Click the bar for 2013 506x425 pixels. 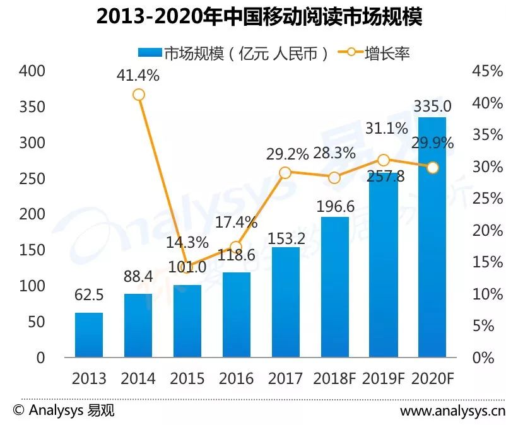coord(89,335)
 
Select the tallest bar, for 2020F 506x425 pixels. coord(432,237)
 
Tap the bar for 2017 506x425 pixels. coord(286,302)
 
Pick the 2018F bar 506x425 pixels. coord(335,287)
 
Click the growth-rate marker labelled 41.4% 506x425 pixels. coord(138,95)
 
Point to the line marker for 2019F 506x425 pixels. coord(384,160)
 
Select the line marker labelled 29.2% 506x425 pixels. coord(285,173)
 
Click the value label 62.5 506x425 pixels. coord(89,294)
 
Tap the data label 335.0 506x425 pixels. coord(432,106)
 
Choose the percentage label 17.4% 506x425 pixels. coord(236,222)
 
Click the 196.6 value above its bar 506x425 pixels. coord(335,206)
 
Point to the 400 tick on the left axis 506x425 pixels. coord(32,71)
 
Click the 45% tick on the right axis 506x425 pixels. coord(488,71)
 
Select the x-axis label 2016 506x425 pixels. coord(236,378)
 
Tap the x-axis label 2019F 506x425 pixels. coord(384,378)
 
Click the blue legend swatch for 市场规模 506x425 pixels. coord(150,52)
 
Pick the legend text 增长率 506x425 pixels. coord(387,53)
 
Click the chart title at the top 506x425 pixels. coord(259,17)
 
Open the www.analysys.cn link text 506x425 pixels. coord(452,410)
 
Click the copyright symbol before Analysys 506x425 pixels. coord(19,410)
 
